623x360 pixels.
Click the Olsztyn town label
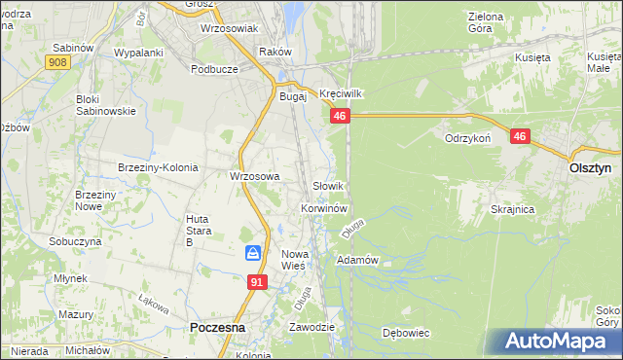pyautogui.click(x=589, y=167)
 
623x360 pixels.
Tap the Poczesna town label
pyautogui.click(x=221, y=328)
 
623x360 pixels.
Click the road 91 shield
pyautogui.click(x=257, y=282)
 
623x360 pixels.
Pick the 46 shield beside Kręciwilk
pyautogui.click(x=339, y=116)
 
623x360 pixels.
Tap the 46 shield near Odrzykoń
pyautogui.click(x=520, y=137)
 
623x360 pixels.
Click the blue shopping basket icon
pyautogui.click(x=253, y=253)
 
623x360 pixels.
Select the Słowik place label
pyautogui.click(x=328, y=185)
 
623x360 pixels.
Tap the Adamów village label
pyautogui.click(x=356, y=260)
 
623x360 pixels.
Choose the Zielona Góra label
pyautogui.click(x=486, y=22)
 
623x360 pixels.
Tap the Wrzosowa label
pyautogui.click(x=254, y=176)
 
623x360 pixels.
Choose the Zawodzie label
pyautogui.click(x=311, y=327)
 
